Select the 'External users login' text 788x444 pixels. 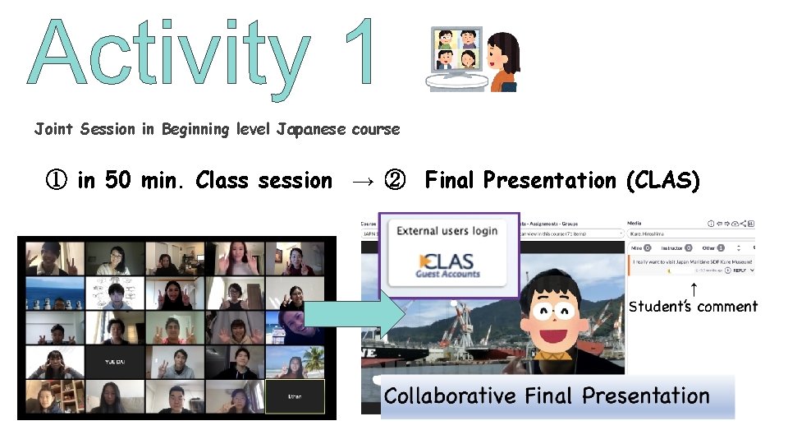tap(447, 231)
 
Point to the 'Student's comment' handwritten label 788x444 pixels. tap(693, 307)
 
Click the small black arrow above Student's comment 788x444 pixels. tap(694, 289)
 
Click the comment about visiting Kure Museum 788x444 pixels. tap(691, 262)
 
